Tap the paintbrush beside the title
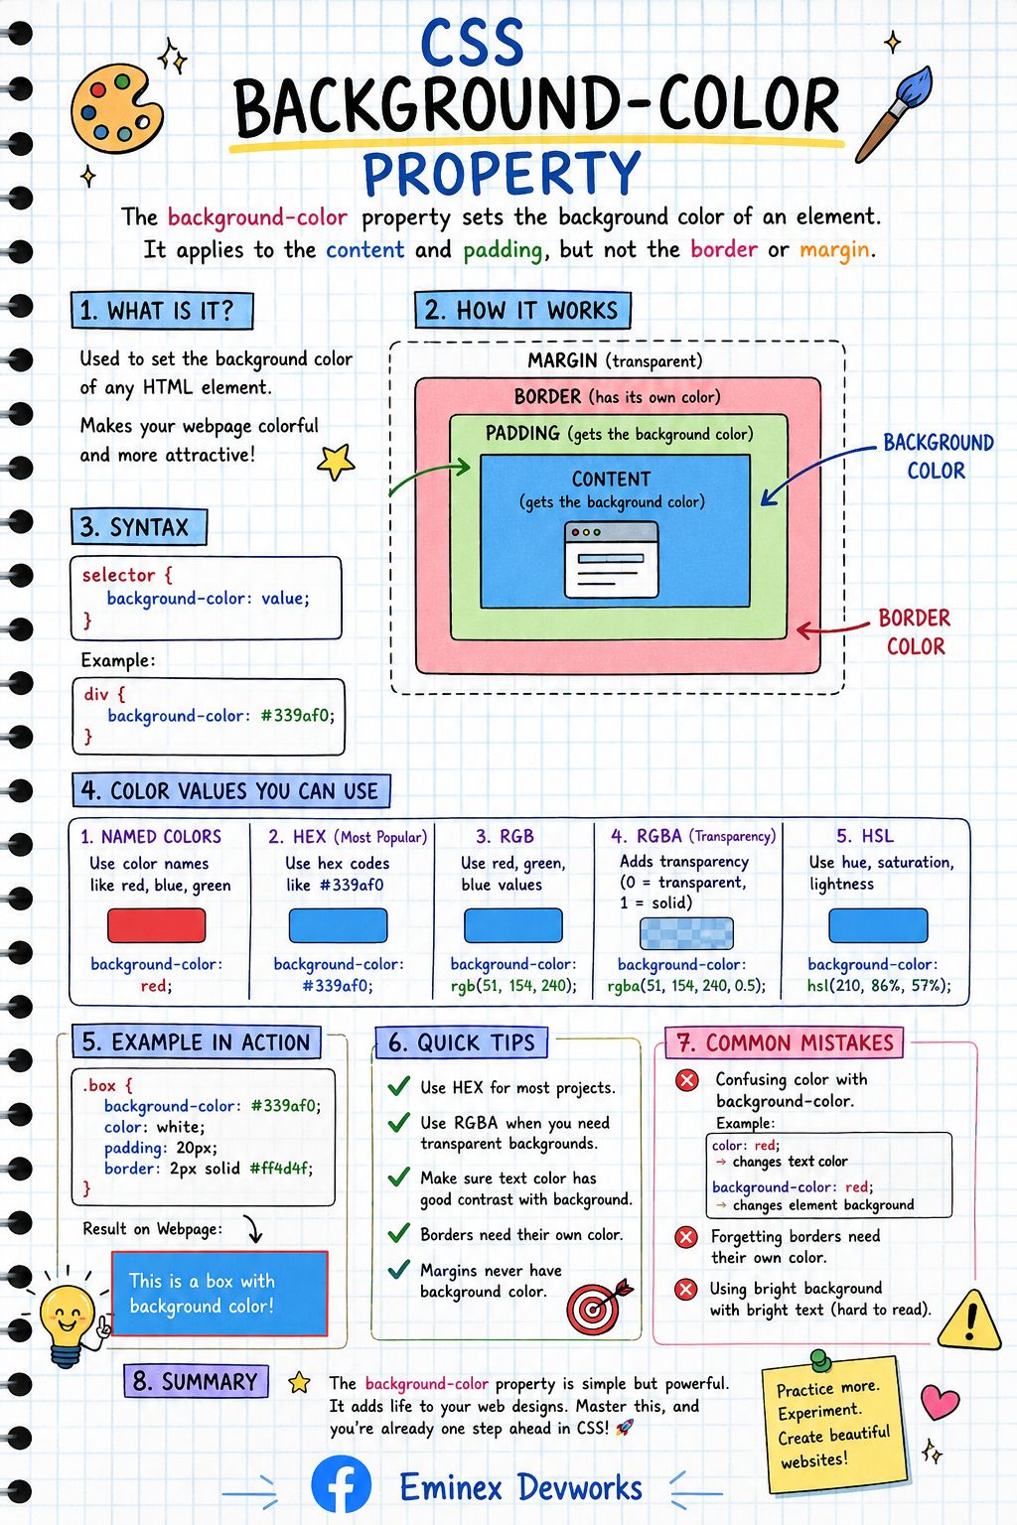coord(893,113)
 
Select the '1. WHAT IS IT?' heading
coord(162,311)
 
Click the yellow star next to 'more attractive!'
coord(336,462)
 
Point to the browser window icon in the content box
coord(612,560)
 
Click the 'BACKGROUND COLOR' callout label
coord(938,456)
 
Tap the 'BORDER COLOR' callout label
coord(915,631)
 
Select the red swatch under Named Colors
coord(157,925)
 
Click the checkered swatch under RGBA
coord(686,932)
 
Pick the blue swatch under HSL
coord(878,925)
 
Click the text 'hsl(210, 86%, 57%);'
coord(879,985)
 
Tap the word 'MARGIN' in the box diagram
coord(562,360)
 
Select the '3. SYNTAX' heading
coord(139,527)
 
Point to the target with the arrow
coord(598,1306)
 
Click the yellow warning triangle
coord(970,1321)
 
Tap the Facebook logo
coord(342,1485)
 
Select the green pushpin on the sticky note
coord(820,1361)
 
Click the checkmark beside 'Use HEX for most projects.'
coord(398,1086)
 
